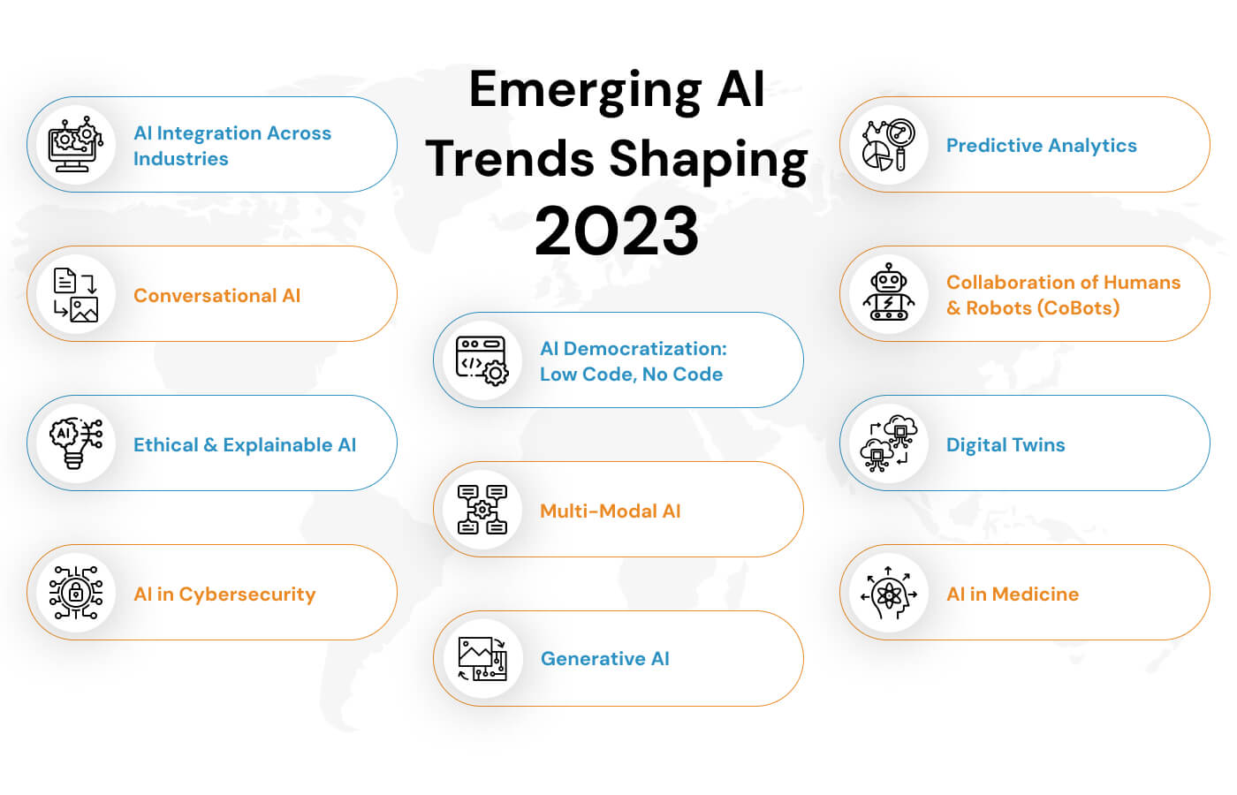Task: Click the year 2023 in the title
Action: tap(617, 231)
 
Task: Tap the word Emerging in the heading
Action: tap(585, 89)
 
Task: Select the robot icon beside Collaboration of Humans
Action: tap(888, 292)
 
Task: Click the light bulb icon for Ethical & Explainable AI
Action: tap(76, 443)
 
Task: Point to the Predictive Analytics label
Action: tap(1041, 146)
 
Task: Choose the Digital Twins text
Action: tap(1006, 445)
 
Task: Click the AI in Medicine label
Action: tap(1013, 594)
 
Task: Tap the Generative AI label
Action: tap(605, 659)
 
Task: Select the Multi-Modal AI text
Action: tap(610, 511)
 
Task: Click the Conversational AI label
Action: tap(216, 296)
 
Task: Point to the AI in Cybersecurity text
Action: tap(224, 594)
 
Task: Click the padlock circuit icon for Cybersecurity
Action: tap(76, 593)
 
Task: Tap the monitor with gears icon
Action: tap(76, 144)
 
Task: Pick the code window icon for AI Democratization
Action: tap(482, 360)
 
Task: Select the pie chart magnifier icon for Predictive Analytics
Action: tap(888, 145)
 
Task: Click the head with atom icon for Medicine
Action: tap(888, 594)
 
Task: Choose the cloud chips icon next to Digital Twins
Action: tap(888, 443)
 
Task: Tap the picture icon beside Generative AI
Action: tap(482, 659)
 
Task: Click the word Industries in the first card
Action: tap(181, 159)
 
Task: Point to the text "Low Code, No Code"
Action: tap(631, 375)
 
